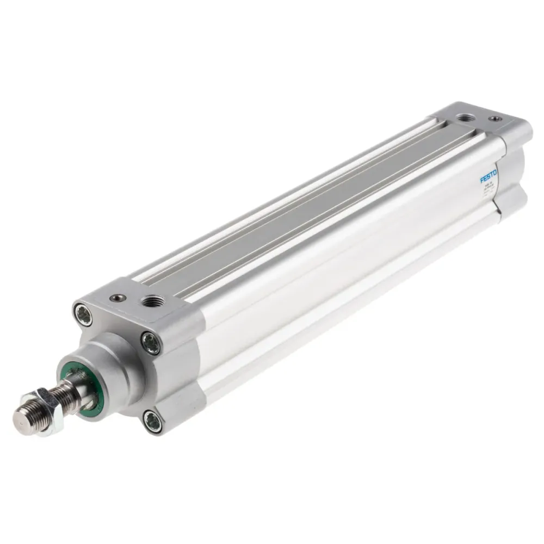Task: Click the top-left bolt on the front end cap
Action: [83, 314]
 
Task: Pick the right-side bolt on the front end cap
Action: [151, 343]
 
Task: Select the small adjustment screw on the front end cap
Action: [116, 297]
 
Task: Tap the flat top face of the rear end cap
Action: [479, 122]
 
